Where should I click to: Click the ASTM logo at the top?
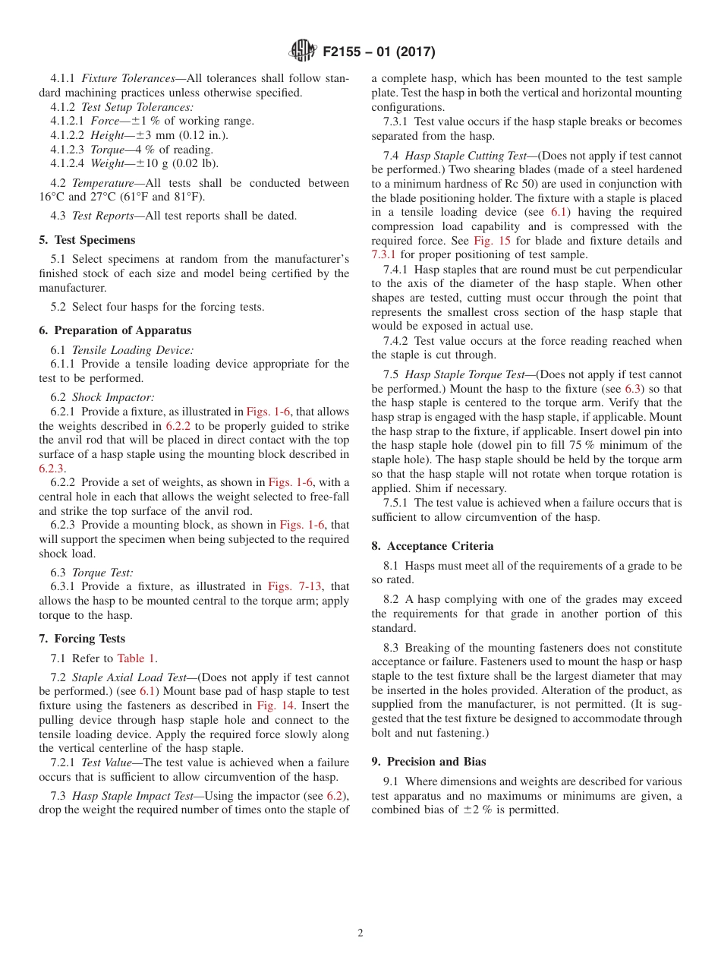[x=302, y=52]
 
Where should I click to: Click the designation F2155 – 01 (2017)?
[x=378, y=52]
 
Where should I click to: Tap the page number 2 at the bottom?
[x=360, y=933]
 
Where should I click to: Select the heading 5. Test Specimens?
[x=87, y=240]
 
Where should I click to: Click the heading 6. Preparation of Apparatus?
[x=115, y=330]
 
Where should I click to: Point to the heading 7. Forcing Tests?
[x=82, y=639]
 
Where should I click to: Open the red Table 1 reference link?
[x=137, y=658]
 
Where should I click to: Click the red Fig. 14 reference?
[x=275, y=706]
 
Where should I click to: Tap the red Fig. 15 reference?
[x=493, y=241]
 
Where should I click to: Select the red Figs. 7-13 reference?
[x=294, y=586]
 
